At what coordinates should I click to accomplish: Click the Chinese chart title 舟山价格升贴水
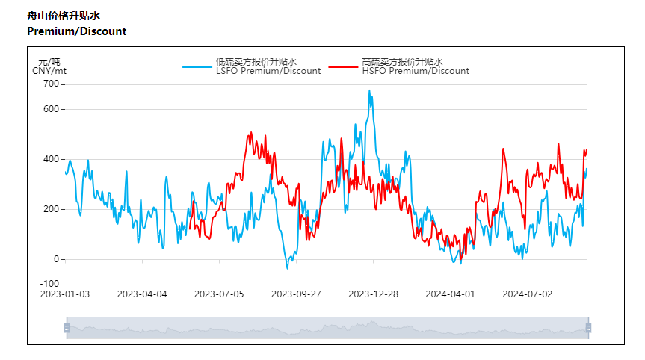(63, 16)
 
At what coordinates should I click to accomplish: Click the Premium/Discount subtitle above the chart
(76, 31)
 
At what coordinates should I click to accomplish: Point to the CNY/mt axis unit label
(49, 71)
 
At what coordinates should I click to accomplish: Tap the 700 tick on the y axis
(51, 84)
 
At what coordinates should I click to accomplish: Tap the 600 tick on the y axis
(51, 109)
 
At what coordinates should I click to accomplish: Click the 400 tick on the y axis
(51, 159)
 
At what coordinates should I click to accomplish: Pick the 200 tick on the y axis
(51, 209)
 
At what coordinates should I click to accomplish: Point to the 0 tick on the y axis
(56, 259)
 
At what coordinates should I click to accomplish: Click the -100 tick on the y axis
(49, 284)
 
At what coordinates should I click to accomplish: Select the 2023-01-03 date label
(65, 294)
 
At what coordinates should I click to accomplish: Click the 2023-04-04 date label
(142, 294)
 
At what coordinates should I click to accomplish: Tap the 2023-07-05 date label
(219, 294)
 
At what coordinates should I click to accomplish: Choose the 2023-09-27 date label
(296, 294)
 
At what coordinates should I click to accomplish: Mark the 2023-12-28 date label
(373, 294)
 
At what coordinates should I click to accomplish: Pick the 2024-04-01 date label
(450, 294)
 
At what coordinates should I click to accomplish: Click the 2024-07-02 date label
(527, 294)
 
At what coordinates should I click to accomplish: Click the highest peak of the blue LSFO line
(369, 91)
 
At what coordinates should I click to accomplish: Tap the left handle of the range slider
(67, 327)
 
